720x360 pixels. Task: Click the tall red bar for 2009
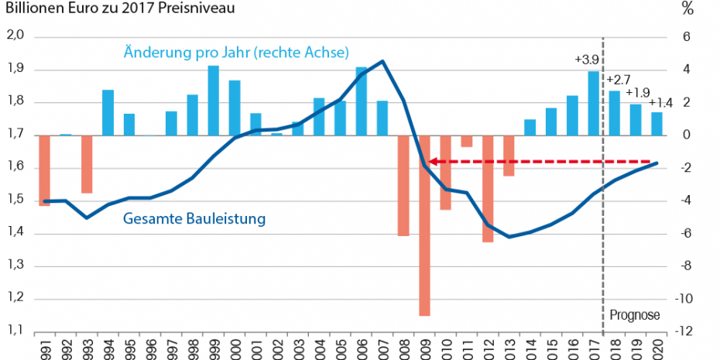pyautogui.click(x=424, y=225)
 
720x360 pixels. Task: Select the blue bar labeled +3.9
pyautogui.click(x=593, y=103)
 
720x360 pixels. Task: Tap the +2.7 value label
pyautogui.click(x=619, y=80)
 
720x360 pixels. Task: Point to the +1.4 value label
pyautogui.click(x=660, y=103)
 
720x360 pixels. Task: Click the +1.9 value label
pyautogui.click(x=639, y=92)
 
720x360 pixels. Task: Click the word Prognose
pyautogui.click(x=634, y=315)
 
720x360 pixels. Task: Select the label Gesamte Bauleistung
pyautogui.click(x=194, y=219)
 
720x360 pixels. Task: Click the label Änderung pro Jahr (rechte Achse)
pyautogui.click(x=236, y=53)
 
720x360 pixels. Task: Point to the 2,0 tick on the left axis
pyautogui.click(x=16, y=36)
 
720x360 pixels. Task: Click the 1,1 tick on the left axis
pyautogui.click(x=16, y=331)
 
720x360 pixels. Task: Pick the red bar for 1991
pyautogui.click(x=44, y=170)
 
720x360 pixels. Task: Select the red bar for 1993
pyautogui.click(x=87, y=163)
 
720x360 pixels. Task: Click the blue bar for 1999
pyautogui.click(x=214, y=101)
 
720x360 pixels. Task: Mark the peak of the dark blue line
pyautogui.click(x=382, y=61)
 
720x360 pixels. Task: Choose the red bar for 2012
pyautogui.click(x=488, y=188)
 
